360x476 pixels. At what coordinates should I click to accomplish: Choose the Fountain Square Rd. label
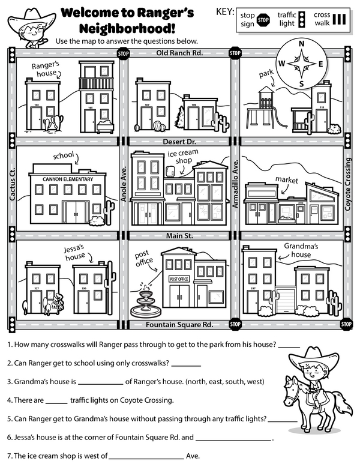tap(179, 325)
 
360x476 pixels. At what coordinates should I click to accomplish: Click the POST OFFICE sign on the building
tap(179, 279)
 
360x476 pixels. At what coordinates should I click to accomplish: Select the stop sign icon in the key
tap(263, 20)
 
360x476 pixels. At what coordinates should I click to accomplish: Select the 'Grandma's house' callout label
tap(300, 250)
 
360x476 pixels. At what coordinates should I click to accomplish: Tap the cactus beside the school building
tap(109, 214)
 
